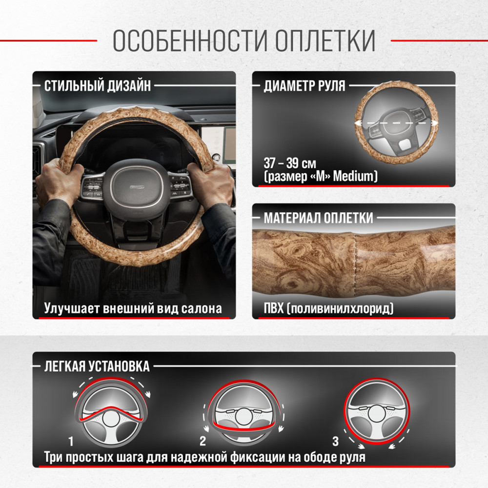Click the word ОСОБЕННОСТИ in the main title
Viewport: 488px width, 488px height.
[189, 41]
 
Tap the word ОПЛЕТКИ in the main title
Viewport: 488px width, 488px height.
[325, 41]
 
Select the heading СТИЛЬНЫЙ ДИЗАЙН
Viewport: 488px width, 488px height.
[98, 85]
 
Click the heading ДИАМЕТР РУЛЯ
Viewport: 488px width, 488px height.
[305, 85]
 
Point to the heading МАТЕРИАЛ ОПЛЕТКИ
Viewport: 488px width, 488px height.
[318, 218]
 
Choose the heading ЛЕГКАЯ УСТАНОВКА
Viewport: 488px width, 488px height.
[97, 366]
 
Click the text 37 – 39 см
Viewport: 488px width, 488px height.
[290, 163]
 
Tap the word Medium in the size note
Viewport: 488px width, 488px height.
[353, 176]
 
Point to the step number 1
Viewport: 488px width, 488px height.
[71, 441]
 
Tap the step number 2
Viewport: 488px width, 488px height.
[203, 441]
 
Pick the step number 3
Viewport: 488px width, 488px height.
[335, 441]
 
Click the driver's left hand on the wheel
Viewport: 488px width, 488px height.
[58, 183]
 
